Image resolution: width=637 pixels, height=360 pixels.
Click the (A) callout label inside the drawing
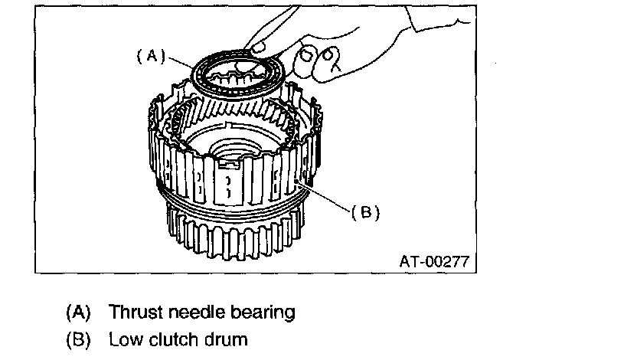tap(151, 56)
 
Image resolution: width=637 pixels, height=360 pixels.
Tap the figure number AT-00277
tap(433, 260)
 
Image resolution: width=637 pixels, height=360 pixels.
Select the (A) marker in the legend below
tap(78, 313)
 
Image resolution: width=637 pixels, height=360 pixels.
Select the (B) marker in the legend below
tap(78, 337)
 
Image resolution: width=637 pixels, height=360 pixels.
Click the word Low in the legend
tap(123, 337)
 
